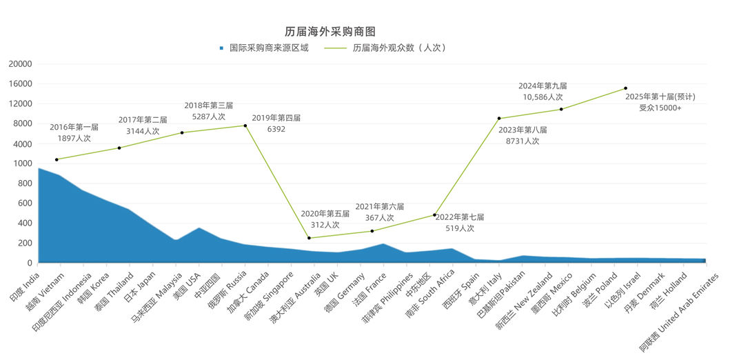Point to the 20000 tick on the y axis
(x=20, y=64)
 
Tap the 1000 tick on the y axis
(x=22, y=164)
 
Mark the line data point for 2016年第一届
(x=57, y=159)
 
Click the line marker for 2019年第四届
(x=245, y=126)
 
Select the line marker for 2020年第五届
(x=309, y=238)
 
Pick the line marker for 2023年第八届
(x=498, y=119)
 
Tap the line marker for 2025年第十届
(x=625, y=88)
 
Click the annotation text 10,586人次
(x=542, y=97)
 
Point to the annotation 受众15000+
(x=660, y=108)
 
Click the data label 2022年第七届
(x=460, y=217)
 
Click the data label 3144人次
(x=143, y=130)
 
